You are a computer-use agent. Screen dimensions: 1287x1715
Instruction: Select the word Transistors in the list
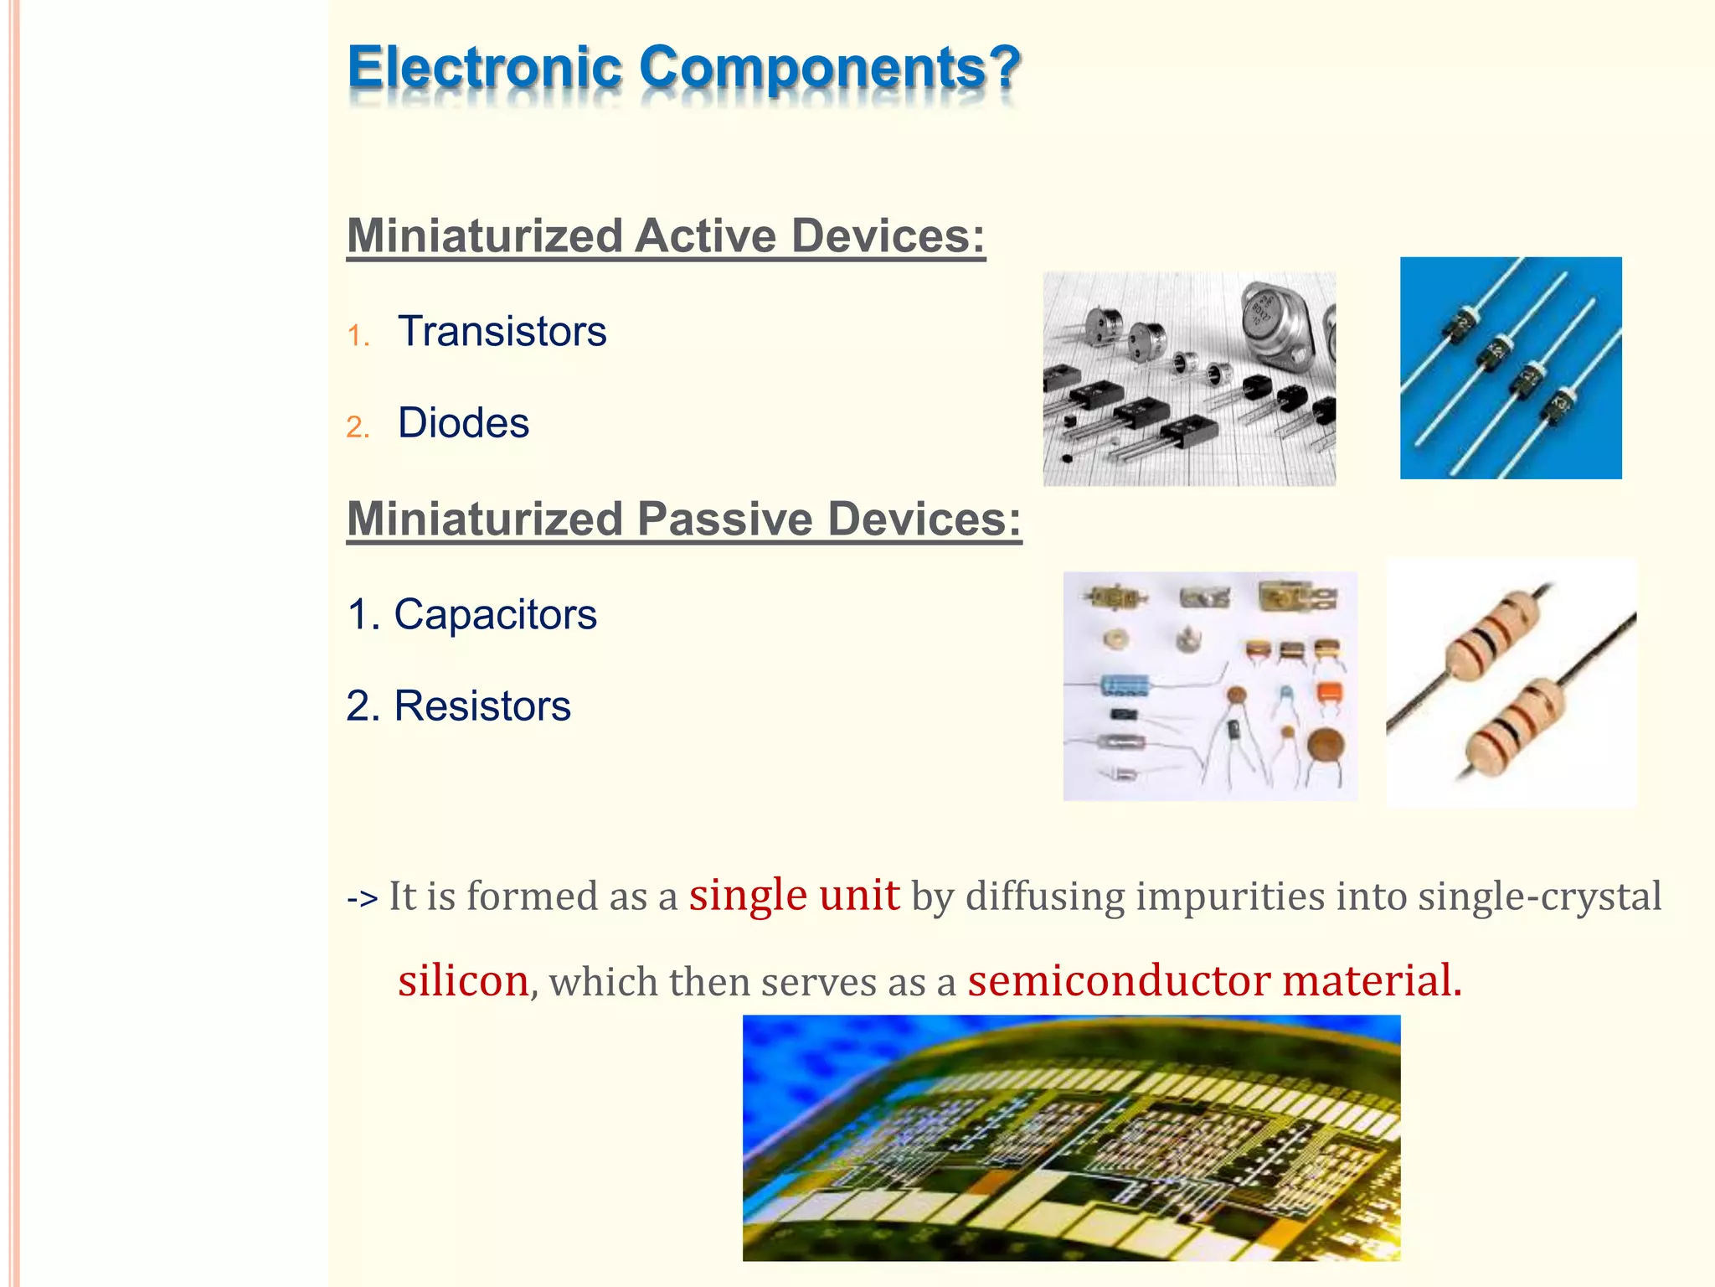(x=502, y=332)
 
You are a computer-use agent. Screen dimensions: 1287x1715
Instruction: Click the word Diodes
(x=463, y=423)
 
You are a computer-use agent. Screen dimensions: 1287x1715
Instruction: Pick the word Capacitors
(x=495, y=615)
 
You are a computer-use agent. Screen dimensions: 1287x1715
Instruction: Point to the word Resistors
(x=482, y=706)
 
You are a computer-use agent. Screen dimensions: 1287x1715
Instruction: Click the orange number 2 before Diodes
(x=358, y=427)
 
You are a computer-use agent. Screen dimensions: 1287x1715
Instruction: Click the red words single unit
(x=794, y=895)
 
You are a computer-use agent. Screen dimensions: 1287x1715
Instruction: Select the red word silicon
(x=463, y=980)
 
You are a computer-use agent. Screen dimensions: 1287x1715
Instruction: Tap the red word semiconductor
(x=1119, y=980)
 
